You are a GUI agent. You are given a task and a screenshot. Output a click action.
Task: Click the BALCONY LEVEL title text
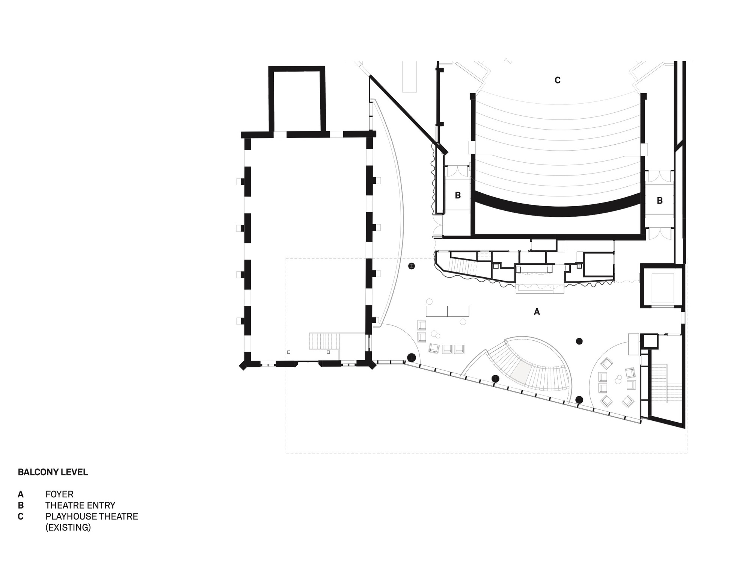coord(53,472)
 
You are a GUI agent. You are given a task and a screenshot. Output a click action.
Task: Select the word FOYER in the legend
coord(59,494)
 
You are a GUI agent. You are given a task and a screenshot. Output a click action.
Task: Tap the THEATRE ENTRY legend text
coord(80,506)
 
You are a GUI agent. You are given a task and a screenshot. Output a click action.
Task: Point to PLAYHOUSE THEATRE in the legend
coord(92,517)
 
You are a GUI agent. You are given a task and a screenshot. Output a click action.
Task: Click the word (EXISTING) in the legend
coord(68,527)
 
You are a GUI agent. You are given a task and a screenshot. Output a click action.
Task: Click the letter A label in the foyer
coord(537,311)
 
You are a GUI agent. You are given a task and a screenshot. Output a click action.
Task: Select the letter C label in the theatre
coord(558,80)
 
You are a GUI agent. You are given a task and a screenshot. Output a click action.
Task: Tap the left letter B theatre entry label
coord(458,195)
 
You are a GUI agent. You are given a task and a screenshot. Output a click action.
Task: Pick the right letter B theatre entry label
coord(660,201)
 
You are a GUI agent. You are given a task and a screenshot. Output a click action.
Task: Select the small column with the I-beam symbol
coord(412,266)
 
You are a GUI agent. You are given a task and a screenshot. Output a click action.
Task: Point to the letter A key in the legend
coord(21,494)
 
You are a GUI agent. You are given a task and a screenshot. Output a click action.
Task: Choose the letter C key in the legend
coord(21,517)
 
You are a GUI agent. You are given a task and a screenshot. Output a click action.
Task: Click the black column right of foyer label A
coord(579,341)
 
